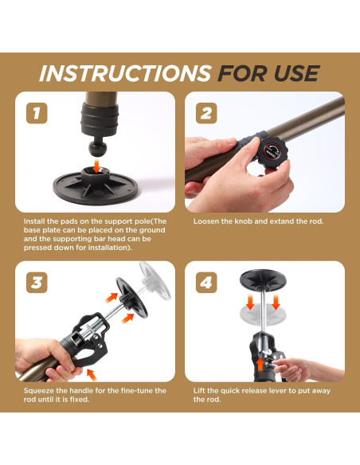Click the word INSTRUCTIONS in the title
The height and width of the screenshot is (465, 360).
coord(125,73)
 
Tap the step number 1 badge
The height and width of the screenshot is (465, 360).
coord(37,113)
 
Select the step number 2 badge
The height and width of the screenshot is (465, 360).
coord(206,113)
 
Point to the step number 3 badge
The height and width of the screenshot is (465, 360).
coord(37,283)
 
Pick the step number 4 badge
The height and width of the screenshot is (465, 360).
coord(206,283)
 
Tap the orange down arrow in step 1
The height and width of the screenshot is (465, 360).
coord(96,165)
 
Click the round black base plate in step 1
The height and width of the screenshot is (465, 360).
coord(96,187)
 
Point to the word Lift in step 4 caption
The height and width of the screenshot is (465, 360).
coord(198,391)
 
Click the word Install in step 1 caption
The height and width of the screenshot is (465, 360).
coord(33,221)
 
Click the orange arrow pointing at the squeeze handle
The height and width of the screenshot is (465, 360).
coord(92,374)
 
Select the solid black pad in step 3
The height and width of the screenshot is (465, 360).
coord(131,297)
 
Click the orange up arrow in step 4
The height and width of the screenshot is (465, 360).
coord(260,365)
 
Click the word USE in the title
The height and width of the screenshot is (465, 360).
coord(296,73)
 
